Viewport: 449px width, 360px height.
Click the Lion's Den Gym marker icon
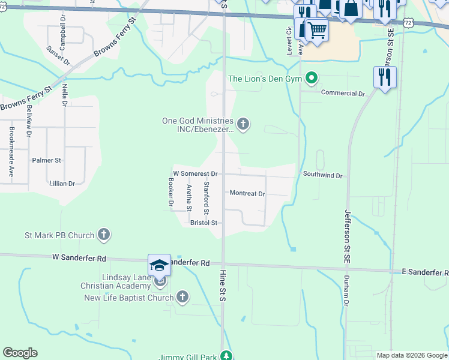tap(311, 78)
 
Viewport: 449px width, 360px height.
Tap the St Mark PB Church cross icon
tap(104, 234)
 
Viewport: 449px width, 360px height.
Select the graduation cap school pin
tap(160, 265)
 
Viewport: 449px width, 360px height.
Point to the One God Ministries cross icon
tap(243, 124)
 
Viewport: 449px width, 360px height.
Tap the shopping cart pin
tap(316, 29)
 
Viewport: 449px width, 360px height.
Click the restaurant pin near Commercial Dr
tap(385, 77)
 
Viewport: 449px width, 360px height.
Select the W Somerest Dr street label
tap(194, 173)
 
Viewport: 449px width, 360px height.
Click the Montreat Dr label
tap(247, 193)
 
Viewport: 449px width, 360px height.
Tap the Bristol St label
tap(203, 222)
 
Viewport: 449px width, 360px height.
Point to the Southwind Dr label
tap(322, 176)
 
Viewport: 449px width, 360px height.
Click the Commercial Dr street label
tap(343, 94)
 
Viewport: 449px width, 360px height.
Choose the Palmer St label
tap(46, 161)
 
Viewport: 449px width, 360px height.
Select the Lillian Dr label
tap(62, 184)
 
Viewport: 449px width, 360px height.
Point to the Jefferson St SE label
tap(347, 238)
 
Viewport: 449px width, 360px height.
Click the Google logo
tap(20, 353)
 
